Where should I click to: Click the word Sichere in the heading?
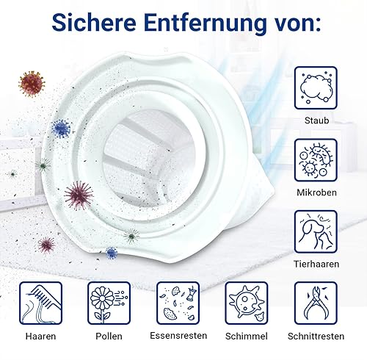(94, 23)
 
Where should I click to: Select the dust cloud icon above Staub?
(316, 88)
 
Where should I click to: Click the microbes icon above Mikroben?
(316, 160)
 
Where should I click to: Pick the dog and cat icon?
(316, 232)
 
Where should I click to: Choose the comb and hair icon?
(40, 303)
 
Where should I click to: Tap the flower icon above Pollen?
(109, 303)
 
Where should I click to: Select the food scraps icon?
(178, 303)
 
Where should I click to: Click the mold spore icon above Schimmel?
(247, 303)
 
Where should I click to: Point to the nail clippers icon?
(316, 303)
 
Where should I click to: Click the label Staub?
(316, 120)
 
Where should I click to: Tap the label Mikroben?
(316, 192)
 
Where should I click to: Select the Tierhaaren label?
(316, 264)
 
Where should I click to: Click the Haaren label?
(40, 336)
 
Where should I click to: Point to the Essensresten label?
(178, 336)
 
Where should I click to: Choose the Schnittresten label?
(316, 336)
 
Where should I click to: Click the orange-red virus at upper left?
(32, 84)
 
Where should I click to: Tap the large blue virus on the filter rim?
(61, 129)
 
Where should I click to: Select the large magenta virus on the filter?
(79, 195)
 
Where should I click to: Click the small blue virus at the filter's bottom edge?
(112, 253)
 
